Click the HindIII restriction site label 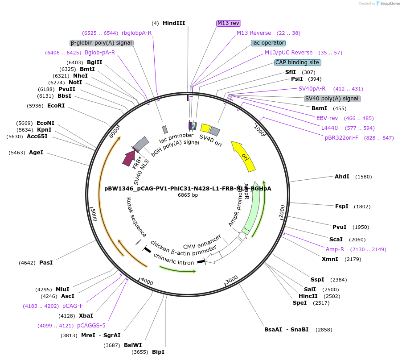[173, 23]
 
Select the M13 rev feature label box [229, 23]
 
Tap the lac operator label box [268, 43]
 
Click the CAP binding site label [297, 62]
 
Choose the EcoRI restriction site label [56, 106]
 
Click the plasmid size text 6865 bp [188, 195]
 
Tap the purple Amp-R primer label [335, 249]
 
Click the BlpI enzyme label [158, 352]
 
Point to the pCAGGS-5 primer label [91, 326]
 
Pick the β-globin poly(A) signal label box [102, 43]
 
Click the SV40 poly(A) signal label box [332, 99]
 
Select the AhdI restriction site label [342, 177]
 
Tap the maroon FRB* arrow [129, 158]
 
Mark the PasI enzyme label [46, 263]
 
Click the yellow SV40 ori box [206, 128]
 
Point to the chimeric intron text [174, 259]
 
